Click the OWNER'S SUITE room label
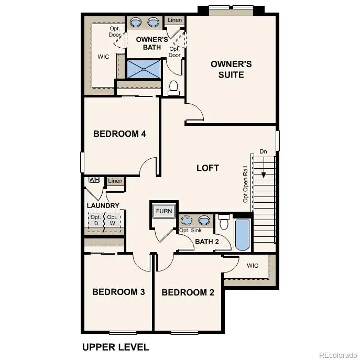[231, 69]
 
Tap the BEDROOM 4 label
[119, 134]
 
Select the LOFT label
[208, 168]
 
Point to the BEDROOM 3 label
[118, 292]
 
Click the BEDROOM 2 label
[188, 292]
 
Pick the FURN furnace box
[164, 211]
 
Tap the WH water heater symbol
[94, 180]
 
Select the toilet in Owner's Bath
[174, 88]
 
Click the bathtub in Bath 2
[243, 234]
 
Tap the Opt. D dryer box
[96, 220]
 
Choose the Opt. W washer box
[112, 220]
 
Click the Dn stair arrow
[264, 169]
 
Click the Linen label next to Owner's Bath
[175, 20]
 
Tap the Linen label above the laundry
[115, 181]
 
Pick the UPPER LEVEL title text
[115, 347]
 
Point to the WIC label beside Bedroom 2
[253, 266]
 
